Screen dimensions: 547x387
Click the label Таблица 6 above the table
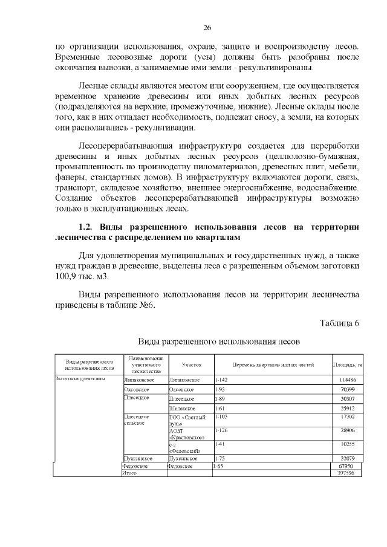[x=339, y=322]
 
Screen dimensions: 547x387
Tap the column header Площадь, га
[x=347, y=364]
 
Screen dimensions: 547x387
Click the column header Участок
[x=191, y=364]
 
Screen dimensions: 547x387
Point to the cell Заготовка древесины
[x=80, y=379]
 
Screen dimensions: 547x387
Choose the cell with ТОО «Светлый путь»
[x=187, y=421]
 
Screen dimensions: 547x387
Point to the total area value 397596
[x=347, y=473]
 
